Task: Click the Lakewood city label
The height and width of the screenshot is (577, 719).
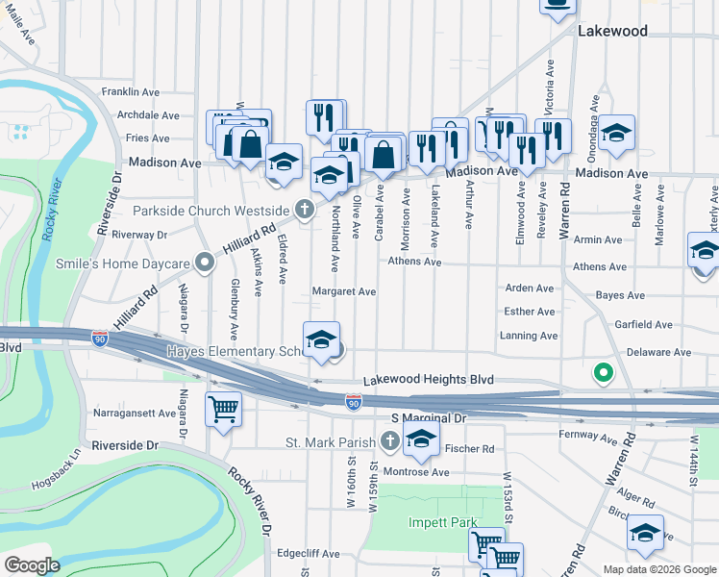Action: [612, 31]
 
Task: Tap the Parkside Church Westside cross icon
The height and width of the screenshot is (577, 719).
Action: [305, 209]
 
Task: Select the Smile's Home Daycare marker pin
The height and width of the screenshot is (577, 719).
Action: [204, 262]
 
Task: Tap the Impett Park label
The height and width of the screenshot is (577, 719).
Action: [435, 522]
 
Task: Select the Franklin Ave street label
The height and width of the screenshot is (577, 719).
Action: [130, 92]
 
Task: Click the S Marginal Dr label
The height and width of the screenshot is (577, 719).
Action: [429, 418]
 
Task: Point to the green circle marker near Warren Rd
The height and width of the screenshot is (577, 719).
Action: [603, 372]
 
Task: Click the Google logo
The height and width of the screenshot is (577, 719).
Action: [33, 564]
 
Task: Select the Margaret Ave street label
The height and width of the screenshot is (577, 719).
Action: [343, 291]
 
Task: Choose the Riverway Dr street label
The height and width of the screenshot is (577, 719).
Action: [138, 234]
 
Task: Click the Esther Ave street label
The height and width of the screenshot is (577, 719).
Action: [530, 312]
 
